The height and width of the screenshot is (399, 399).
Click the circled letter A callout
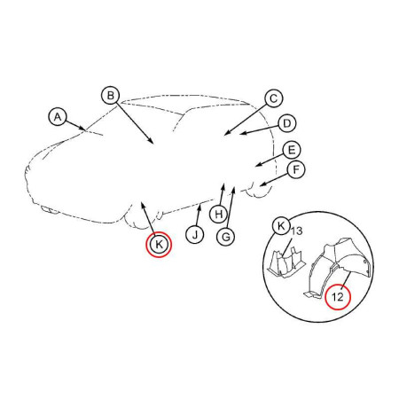[58, 117]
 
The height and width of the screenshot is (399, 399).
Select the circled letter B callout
[111, 96]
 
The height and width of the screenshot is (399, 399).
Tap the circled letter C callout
[273, 98]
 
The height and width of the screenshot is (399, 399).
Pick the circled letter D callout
[286, 123]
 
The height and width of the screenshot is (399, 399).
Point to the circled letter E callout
[292, 150]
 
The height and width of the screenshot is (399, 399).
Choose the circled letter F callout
[296, 169]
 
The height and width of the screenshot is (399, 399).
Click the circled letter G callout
[225, 237]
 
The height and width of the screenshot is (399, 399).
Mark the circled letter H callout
[219, 214]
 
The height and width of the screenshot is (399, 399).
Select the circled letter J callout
[195, 235]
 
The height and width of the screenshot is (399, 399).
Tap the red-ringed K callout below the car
[159, 245]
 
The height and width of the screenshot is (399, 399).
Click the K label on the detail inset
[281, 227]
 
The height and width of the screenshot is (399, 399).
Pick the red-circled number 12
[338, 297]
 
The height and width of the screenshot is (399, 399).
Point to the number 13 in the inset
[297, 231]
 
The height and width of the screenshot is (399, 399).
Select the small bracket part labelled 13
[286, 263]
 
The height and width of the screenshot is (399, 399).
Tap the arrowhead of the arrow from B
[152, 142]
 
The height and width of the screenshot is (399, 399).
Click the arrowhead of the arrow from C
[226, 134]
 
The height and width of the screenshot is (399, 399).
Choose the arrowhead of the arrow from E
[258, 164]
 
